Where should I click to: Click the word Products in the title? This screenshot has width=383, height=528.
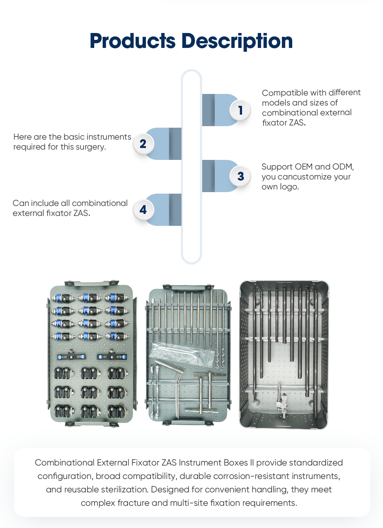(132, 41)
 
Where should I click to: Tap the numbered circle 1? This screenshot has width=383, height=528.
(241, 110)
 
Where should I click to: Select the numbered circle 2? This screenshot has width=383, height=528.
(143, 144)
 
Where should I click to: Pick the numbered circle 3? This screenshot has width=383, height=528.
(241, 176)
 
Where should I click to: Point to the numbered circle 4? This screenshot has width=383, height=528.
(143, 210)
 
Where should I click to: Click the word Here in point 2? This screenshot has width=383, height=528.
(22, 137)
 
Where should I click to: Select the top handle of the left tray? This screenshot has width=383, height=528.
(92, 283)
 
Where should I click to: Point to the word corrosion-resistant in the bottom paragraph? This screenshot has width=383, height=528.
(276, 476)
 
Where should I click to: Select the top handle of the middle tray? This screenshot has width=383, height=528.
(188, 287)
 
